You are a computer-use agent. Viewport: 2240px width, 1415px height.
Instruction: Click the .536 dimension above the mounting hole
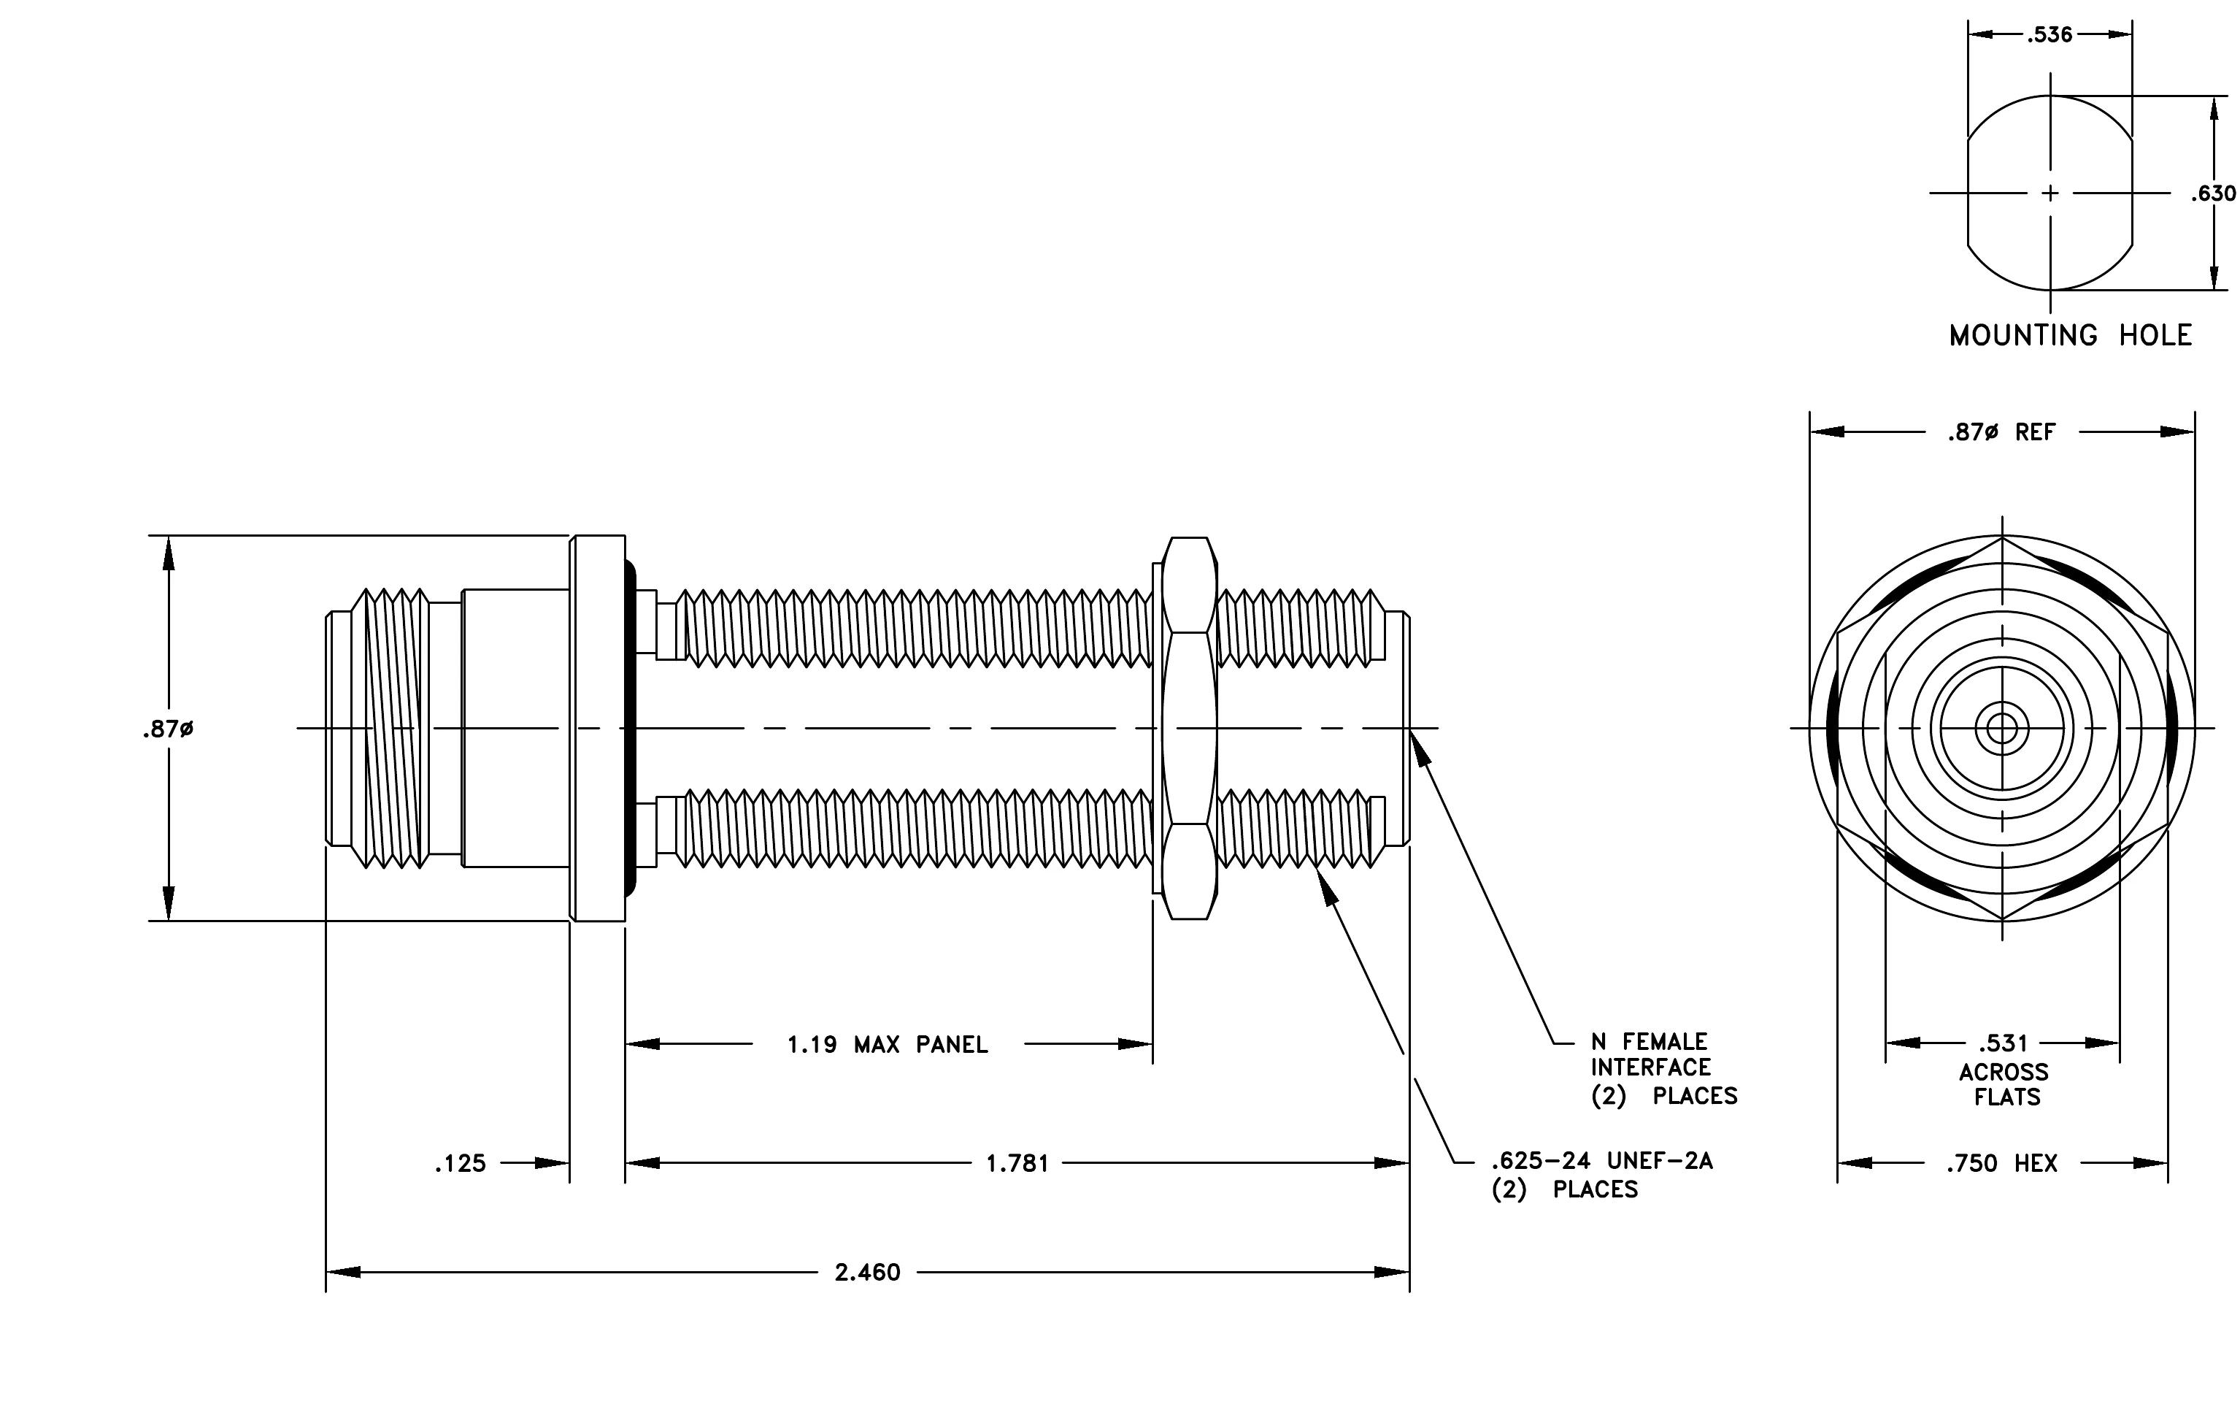[x=2050, y=34]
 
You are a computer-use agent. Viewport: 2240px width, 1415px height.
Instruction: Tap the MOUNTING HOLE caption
[x=2071, y=335]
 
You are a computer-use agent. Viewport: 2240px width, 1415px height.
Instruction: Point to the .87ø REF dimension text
[x=2002, y=432]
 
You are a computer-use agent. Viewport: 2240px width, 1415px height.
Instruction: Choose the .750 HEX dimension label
[x=2002, y=1163]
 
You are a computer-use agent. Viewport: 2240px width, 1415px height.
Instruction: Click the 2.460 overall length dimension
[x=868, y=1272]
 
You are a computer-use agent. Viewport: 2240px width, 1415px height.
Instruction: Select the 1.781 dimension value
[x=1017, y=1163]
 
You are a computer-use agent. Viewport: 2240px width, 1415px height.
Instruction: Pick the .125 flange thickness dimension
[x=461, y=1163]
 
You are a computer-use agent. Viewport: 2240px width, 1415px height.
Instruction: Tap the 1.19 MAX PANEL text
[x=888, y=1045]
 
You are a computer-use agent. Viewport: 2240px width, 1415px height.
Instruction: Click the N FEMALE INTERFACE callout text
[x=1663, y=1068]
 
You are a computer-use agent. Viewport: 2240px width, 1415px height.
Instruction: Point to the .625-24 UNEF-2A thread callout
[x=1602, y=1174]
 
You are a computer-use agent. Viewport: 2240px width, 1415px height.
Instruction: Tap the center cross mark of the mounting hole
[x=2050, y=193]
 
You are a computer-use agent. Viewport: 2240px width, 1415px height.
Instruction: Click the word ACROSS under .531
[x=2004, y=1072]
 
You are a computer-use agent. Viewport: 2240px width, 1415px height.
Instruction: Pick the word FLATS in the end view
[x=2007, y=1098]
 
